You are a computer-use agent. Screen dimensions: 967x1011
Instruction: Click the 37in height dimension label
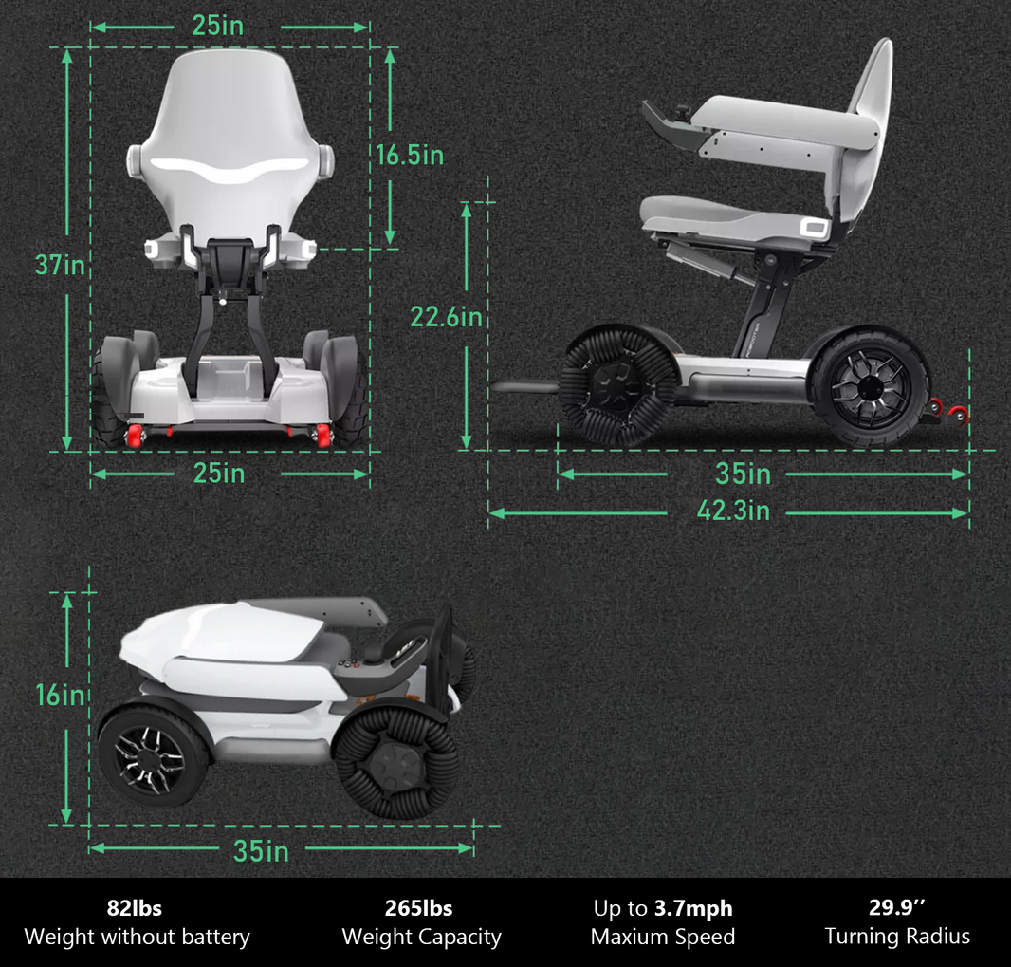tap(61, 264)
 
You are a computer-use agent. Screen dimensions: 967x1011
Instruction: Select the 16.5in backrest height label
tap(410, 155)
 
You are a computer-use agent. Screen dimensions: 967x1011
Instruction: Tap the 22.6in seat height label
tap(446, 316)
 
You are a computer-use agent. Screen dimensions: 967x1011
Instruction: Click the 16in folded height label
tap(61, 695)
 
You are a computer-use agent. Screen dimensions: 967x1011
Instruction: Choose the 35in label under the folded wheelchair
tap(261, 851)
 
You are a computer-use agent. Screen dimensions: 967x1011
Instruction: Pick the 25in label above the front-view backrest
tap(218, 26)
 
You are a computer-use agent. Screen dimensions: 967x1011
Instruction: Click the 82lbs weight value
tap(137, 908)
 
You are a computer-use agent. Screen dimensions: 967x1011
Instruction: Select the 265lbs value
tap(420, 908)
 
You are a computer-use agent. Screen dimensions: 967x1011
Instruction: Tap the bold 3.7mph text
tap(693, 908)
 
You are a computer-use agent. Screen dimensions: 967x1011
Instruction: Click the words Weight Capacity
tap(421, 938)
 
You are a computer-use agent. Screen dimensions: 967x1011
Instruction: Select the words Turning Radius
tap(897, 938)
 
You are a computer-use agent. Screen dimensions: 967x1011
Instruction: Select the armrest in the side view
tap(778, 123)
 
